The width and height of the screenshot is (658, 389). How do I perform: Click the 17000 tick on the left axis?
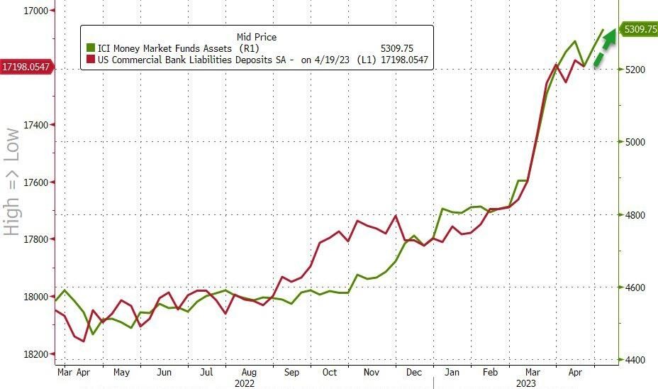point(34,11)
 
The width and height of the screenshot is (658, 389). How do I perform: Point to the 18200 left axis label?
point(34,354)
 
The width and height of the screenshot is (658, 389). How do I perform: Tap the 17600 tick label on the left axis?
point(34,182)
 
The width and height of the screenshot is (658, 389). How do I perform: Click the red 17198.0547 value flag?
point(26,67)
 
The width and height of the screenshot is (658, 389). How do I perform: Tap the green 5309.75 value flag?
point(638,29)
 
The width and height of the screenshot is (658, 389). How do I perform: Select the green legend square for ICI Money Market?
point(90,48)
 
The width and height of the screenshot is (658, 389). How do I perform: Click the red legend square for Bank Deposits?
point(90,60)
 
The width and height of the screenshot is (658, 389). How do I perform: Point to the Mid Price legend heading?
point(256,37)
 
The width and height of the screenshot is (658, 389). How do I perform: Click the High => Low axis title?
point(11,182)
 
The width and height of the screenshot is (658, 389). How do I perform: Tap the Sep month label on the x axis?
point(291,372)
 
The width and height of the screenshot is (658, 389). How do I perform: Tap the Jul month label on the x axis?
point(206,372)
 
